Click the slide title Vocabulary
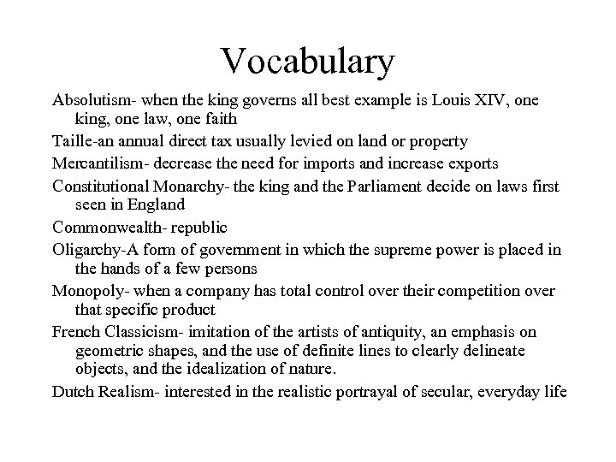[308, 61]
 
